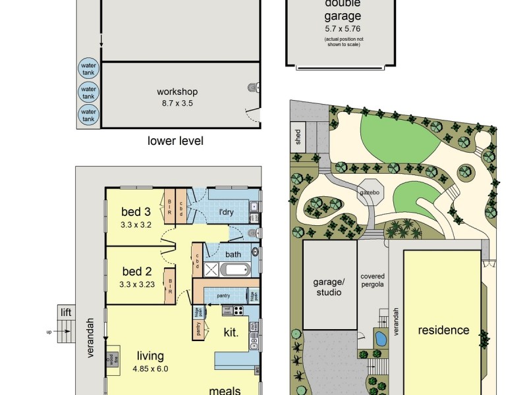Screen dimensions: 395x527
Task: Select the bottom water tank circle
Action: click(x=88, y=115)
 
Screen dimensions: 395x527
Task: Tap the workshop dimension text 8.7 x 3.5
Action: click(x=177, y=103)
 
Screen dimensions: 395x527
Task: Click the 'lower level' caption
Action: click(x=175, y=141)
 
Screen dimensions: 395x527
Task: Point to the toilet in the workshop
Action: click(x=252, y=86)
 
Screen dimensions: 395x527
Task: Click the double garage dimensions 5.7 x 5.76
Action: click(x=343, y=30)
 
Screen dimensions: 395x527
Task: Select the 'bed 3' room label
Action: click(x=136, y=212)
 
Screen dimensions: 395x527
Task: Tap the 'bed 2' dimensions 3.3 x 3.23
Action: click(x=136, y=284)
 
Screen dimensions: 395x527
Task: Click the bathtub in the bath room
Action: click(x=235, y=269)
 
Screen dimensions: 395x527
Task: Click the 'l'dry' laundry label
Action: click(x=227, y=212)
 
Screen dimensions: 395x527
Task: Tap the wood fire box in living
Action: click(x=113, y=357)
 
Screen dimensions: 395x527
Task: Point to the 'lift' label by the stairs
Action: click(x=65, y=313)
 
